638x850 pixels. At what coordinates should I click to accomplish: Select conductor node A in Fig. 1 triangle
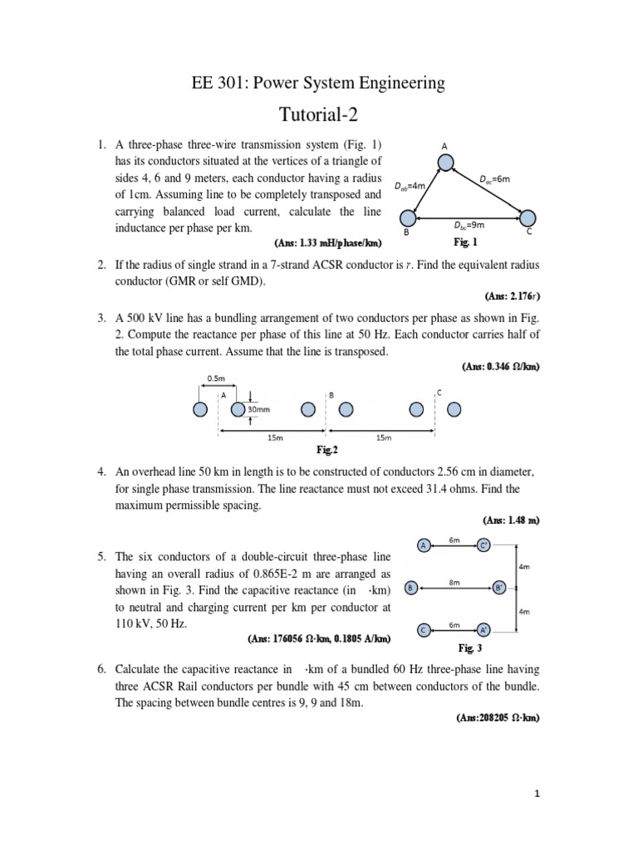pos(446,163)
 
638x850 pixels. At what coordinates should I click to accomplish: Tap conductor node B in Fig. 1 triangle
pos(407,218)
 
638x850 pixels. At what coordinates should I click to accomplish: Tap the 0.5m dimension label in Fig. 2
pos(216,379)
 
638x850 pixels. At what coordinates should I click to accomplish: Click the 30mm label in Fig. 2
pos(258,409)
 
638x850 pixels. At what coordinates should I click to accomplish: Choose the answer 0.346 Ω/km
pos(501,366)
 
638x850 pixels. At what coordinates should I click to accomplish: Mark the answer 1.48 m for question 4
pos(512,520)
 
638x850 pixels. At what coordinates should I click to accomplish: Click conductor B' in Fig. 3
pos(499,588)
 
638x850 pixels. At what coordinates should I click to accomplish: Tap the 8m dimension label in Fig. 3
pos(454,583)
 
